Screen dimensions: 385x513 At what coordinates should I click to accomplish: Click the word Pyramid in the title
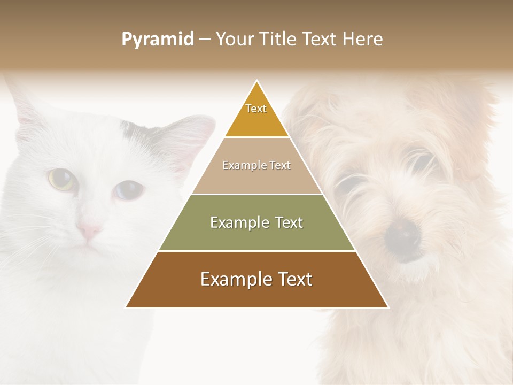(x=157, y=40)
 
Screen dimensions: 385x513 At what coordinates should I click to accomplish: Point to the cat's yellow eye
(x=60, y=179)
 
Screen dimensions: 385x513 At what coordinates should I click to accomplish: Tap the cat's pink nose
(x=89, y=231)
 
